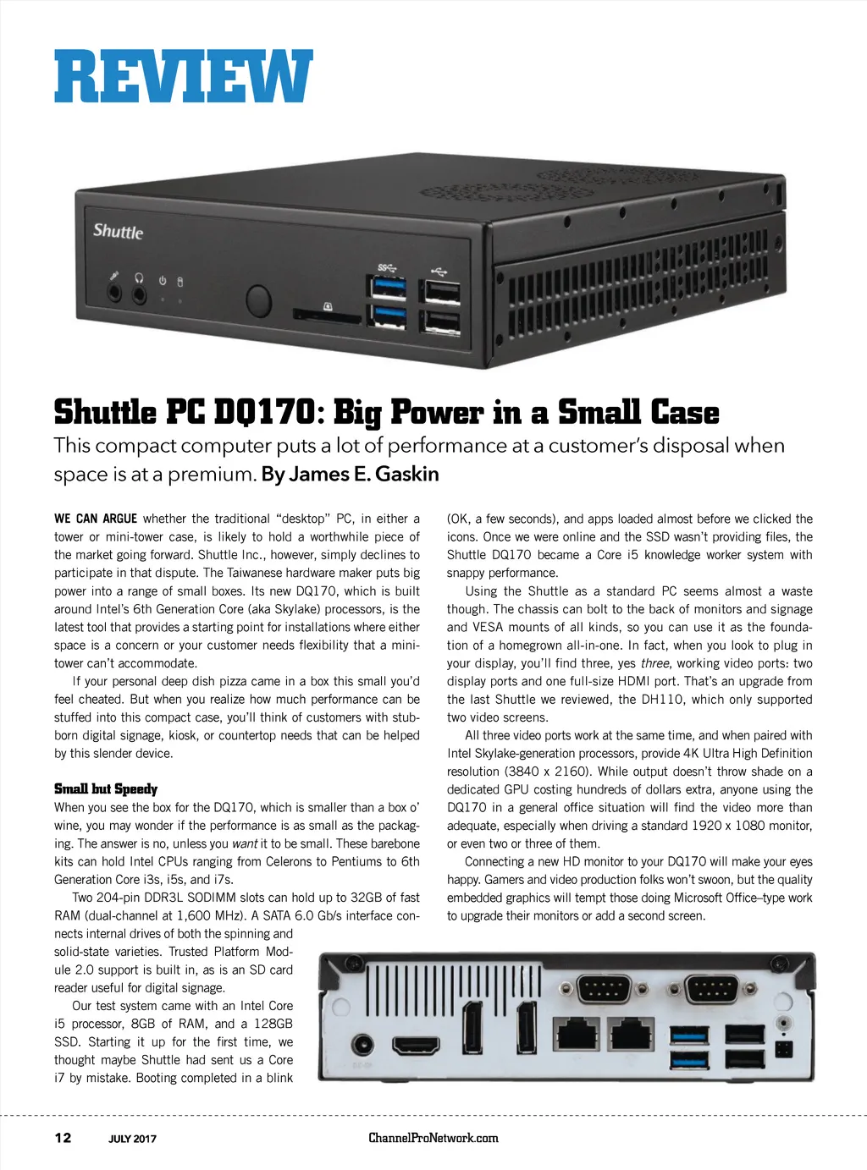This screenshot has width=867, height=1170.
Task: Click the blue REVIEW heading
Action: pos(184,76)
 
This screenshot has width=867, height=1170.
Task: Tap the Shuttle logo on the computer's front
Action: pos(118,231)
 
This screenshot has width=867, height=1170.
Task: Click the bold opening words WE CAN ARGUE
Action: pos(95,519)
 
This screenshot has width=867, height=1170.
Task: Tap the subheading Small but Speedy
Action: pos(106,788)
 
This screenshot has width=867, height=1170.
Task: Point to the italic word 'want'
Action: pos(245,843)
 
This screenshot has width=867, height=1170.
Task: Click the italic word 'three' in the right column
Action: pos(654,663)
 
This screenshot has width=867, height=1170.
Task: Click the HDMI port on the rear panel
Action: pos(416,1046)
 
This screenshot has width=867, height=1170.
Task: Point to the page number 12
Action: pos(63,1138)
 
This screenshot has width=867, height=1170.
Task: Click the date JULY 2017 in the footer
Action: pos(132,1139)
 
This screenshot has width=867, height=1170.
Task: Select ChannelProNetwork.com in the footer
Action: pos(433,1138)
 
